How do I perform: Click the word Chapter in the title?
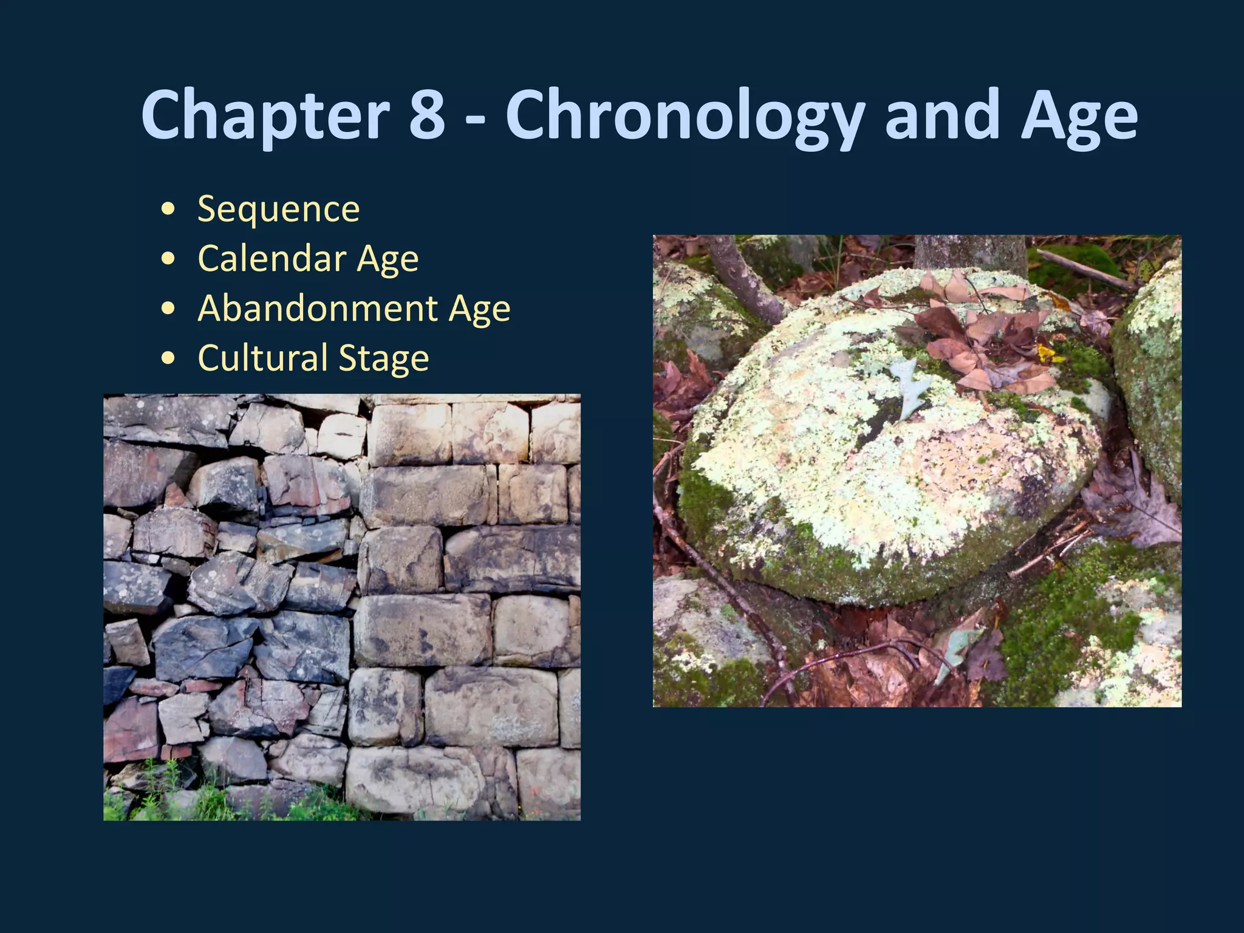[x=265, y=115]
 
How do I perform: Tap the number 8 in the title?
[x=427, y=115]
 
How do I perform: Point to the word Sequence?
[x=279, y=210]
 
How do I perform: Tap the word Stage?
[x=383, y=358]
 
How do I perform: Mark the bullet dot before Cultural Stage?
[x=169, y=358]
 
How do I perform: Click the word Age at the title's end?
[x=1079, y=115]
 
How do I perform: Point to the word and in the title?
[x=942, y=115]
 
